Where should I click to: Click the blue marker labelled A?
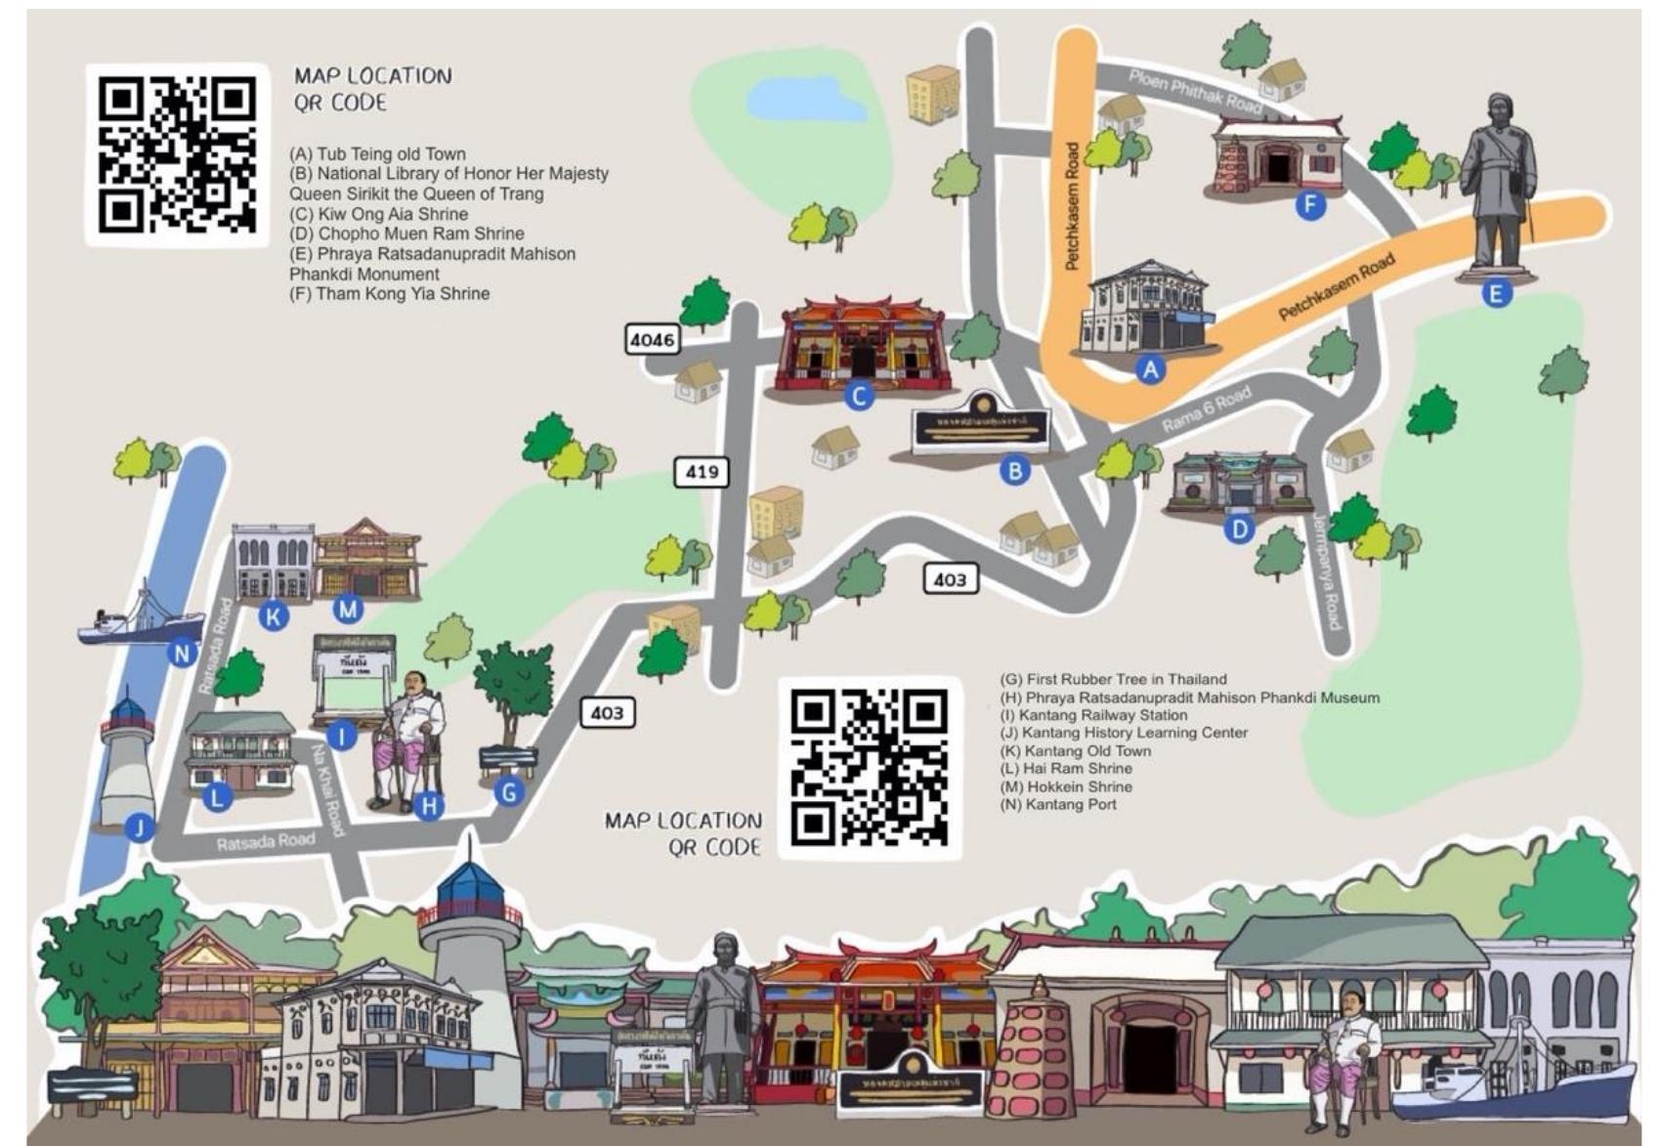click(x=1151, y=369)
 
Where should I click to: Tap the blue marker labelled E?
click(x=1496, y=292)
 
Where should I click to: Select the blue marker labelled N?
click(x=183, y=652)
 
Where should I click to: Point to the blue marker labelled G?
click(x=508, y=791)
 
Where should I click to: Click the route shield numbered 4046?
click(x=652, y=340)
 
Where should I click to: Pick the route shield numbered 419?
click(x=702, y=472)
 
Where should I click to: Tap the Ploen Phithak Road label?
click(x=1194, y=90)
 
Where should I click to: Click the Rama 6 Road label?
click(x=1206, y=410)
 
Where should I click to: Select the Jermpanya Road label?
click(x=1328, y=571)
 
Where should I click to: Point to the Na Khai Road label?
click(x=327, y=789)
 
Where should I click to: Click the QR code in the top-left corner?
click(x=177, y=155)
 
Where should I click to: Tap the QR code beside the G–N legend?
click(x=869, y=767)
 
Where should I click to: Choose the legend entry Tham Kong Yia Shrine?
click(x=389, y=293)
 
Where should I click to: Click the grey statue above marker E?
click(x=1497, y=186)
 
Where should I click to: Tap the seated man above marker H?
click(x=410, y=738)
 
